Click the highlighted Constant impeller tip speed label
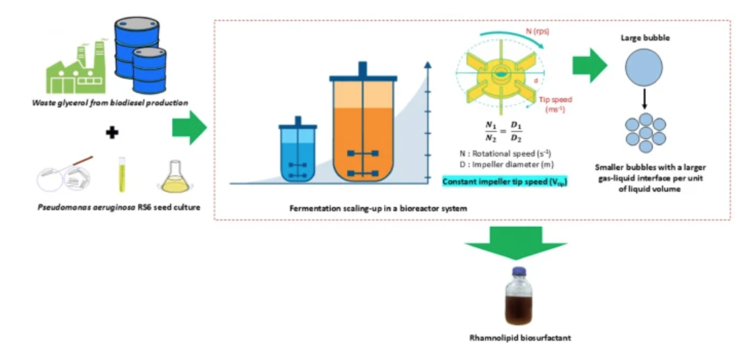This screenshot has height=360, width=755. point(505,182)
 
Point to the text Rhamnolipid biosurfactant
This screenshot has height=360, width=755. point(517,337)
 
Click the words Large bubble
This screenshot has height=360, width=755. point(645,38)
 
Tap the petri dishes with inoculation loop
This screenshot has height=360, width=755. point(65,178)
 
